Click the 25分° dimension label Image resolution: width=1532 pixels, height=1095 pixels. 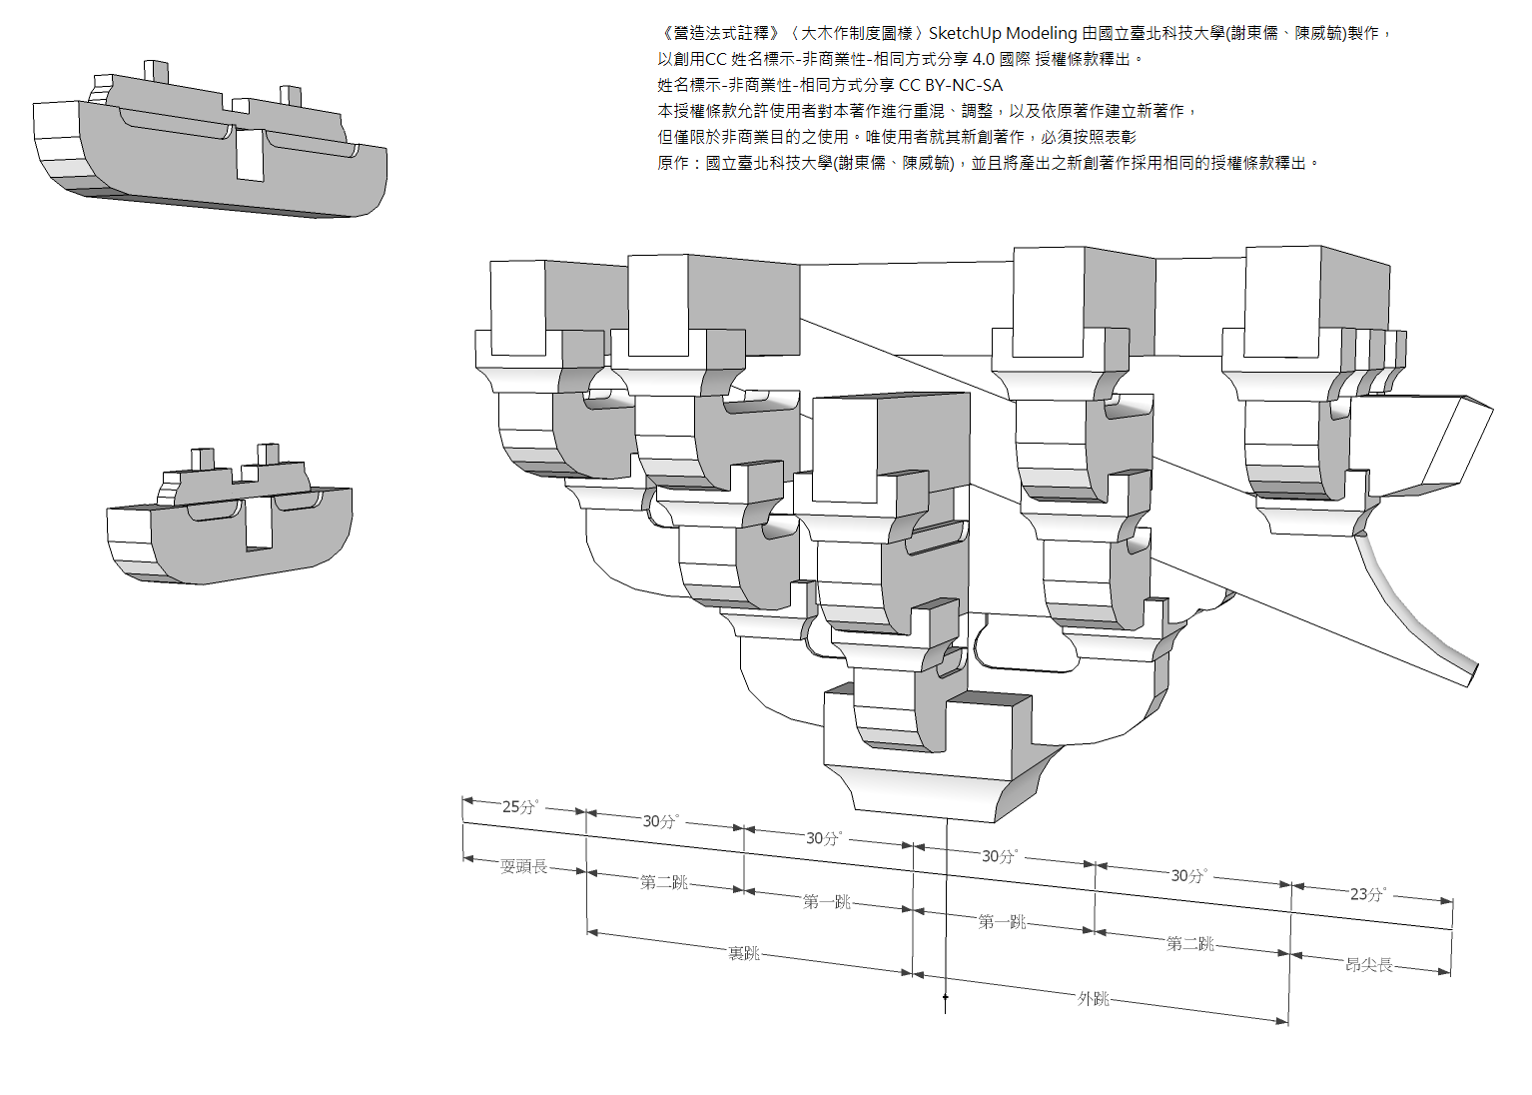[520, 806]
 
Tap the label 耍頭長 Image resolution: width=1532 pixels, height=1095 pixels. [524, 866]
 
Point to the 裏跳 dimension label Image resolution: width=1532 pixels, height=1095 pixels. [744, 953]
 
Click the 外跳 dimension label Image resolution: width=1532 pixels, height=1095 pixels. [1094, 998]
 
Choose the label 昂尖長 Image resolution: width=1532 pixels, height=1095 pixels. [1369, 964]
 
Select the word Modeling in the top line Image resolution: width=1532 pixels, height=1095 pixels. [1042, 33]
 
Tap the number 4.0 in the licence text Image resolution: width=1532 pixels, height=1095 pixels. [984, 59]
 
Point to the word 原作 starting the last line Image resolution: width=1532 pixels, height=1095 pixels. [673, 163]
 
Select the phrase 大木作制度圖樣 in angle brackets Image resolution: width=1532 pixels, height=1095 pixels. [857, 33]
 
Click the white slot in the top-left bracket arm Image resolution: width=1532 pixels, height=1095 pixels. [250, 155]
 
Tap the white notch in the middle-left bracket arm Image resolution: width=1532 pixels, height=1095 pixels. [259, 522]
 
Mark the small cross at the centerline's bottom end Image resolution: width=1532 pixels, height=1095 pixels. [946, 996]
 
